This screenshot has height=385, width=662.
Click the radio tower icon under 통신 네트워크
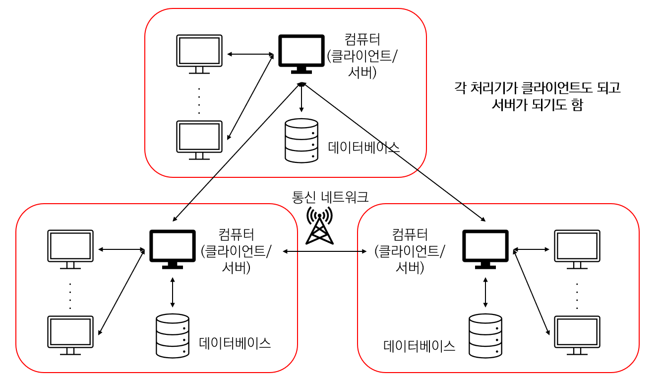[x=319, y=226]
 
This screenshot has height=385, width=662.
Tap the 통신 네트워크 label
[x=330, y=197]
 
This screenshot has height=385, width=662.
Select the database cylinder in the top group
[x=301, y=141]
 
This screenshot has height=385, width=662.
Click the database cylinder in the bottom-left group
[x=173, y=336]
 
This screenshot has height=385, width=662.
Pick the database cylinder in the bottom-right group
[x=485, y=336]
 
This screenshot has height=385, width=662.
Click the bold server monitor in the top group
[x=301, y=54]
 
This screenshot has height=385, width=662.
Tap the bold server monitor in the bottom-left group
[x=173, y=249]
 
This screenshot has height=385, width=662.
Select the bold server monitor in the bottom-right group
[x=485, y=249]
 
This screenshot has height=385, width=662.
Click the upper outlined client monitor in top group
[x=199, y=54]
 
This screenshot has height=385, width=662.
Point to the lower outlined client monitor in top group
[x=199, y=140]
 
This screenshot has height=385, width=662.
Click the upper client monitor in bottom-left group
[x=70, y=249]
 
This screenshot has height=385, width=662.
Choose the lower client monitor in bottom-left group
[x=70, y=335]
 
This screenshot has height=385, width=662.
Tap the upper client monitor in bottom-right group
[x=577, y=249]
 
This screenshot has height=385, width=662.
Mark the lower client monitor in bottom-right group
[x=577, y=335]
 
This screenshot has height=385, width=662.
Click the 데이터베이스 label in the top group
[x=364, y=148]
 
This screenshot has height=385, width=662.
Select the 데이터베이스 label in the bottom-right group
[x=419, y=346]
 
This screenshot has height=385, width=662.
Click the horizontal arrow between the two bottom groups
[x=324, y=251]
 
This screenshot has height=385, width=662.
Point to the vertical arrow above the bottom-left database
[x=173, y=292]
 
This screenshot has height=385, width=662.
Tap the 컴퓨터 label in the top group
[x=362, y=39]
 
